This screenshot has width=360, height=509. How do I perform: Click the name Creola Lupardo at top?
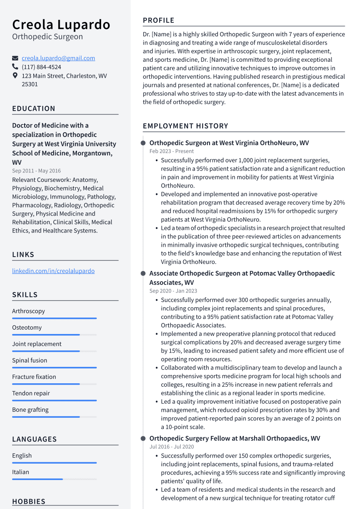(61, 25)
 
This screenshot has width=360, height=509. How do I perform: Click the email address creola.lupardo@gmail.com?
(58, 58)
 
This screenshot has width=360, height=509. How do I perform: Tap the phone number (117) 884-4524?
(41, 67)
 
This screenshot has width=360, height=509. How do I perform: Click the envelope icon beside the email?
(15, 58)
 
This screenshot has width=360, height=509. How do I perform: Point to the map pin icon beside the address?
(15, 76)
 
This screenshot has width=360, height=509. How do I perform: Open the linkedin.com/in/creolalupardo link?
(53, 271)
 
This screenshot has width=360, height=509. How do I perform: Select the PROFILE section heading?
(159, 20)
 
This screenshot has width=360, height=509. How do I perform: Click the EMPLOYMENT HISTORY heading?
(185, 126)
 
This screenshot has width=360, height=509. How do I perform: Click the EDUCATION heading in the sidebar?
(34, 108)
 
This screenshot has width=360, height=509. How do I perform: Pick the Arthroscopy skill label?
(29, 311)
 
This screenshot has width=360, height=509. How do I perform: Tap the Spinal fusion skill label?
(29, 360)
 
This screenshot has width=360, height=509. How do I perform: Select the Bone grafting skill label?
(30, 410)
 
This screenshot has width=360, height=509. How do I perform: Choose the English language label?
(22, 455)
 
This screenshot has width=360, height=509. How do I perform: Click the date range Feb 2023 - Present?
(172, 151)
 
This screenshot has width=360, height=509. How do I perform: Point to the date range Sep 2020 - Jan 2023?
(173, 291)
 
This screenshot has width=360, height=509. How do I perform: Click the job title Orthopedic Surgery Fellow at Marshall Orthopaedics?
(235, 438)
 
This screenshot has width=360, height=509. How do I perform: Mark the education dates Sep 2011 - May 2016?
(36, 171)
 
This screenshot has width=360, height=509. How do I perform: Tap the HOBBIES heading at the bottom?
(29, 502)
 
